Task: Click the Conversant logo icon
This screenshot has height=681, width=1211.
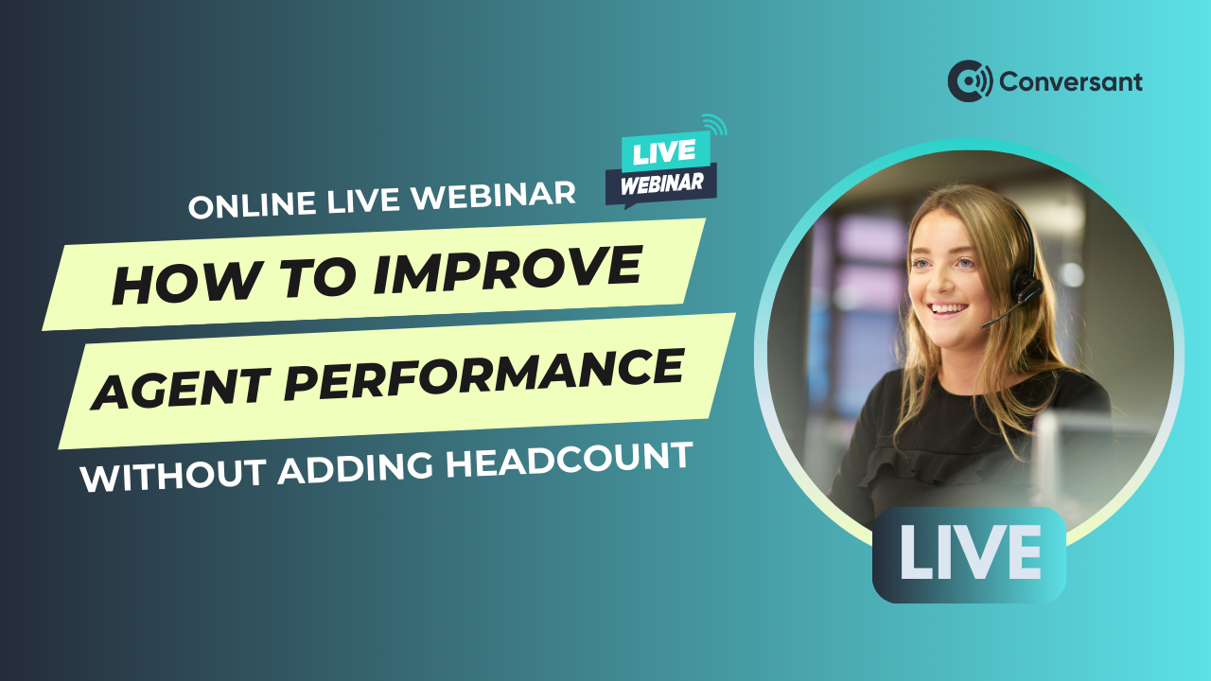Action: (x=970, y=81)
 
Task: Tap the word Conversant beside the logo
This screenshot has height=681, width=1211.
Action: (x=1070, y=82)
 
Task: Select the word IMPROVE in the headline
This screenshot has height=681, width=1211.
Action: (x=508, y=271)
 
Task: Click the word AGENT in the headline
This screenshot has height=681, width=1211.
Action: (x=181, y=387)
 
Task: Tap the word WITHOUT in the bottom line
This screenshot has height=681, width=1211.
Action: (x=173, y=475)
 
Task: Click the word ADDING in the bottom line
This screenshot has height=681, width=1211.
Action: (x=355, y=467)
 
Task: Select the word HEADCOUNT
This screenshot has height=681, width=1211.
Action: (x=569, y=459)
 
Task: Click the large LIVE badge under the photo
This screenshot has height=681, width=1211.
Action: (x=969, y=554)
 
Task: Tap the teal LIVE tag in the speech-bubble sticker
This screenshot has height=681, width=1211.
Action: (x=665, y=151)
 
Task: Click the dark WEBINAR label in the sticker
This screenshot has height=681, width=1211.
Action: (x=661, y=184)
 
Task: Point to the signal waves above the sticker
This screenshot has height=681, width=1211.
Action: (x=715, y=125)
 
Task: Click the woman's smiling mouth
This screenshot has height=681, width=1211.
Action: (x=947, y=308)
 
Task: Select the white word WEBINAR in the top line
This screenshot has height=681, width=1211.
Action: (x=493, y=197)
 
